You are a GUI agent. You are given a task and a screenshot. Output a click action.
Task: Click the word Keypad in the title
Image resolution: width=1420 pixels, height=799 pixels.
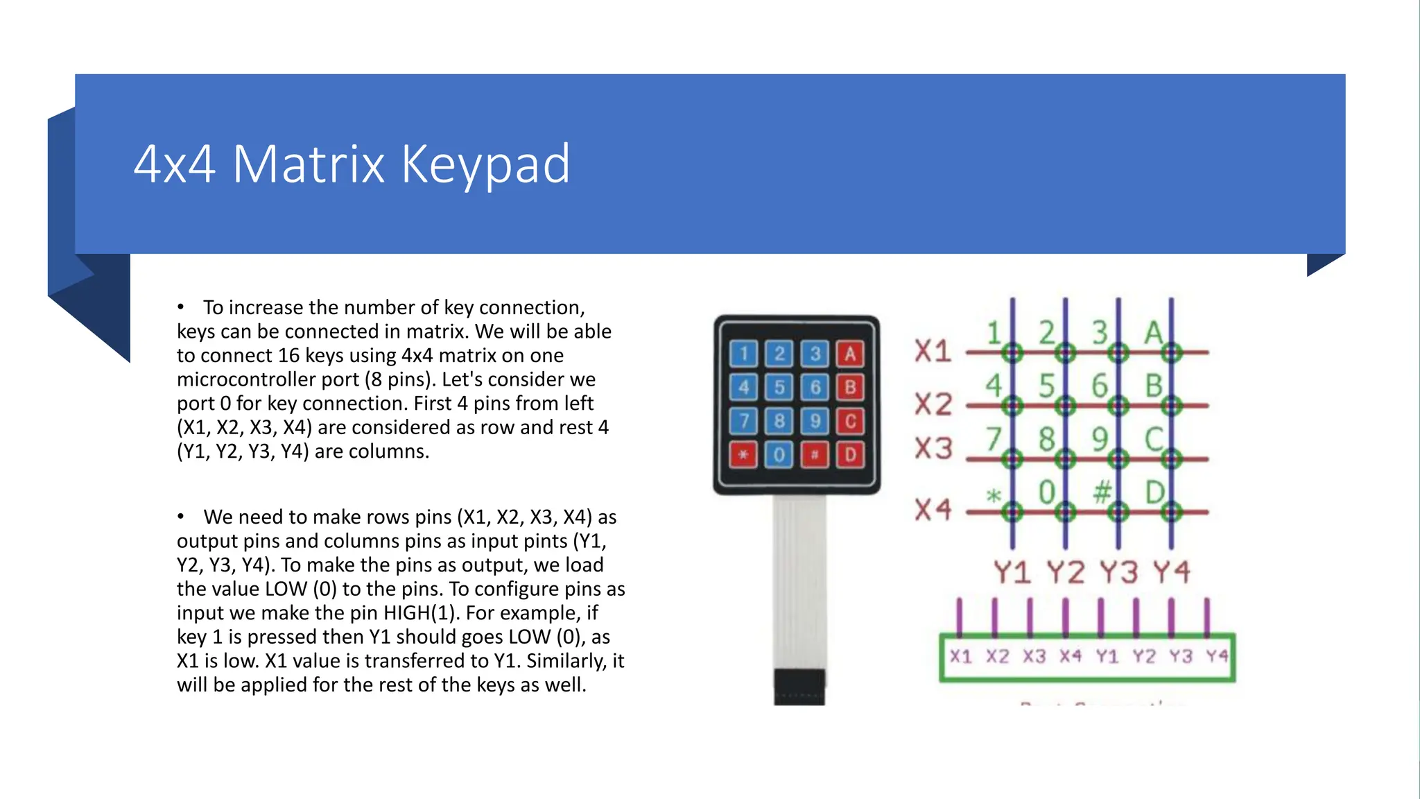[x=485, y=165]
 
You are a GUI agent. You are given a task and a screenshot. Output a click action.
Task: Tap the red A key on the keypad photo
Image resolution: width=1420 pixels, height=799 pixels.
[x=850, y=354]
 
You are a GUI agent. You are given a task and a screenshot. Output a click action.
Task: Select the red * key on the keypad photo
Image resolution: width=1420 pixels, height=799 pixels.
[x=743, y=455]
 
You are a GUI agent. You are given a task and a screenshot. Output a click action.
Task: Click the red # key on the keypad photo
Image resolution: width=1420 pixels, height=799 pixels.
[x=815, y=455]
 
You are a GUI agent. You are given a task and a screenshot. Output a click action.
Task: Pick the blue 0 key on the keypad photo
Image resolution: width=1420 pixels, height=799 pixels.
[x=779, y=455]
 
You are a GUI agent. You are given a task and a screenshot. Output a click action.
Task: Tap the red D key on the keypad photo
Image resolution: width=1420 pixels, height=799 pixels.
[x=850, y=455]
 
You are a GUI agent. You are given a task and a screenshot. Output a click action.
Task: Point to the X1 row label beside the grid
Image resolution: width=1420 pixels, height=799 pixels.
[x=933, y=351]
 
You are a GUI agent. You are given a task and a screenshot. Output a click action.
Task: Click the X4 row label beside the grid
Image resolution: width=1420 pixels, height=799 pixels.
[x=933, y=510]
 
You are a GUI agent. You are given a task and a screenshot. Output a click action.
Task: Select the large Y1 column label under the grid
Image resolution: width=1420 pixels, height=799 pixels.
[x=1012, y=573]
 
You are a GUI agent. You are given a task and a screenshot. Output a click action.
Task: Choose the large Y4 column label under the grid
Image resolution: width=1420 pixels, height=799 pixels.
[x=1172, y=573]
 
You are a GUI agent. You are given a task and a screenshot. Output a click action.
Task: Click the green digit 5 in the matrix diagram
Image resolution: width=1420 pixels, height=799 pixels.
[x=1046, y=386]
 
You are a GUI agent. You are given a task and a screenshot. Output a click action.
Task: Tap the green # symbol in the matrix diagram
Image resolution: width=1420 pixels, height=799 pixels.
[x=1102, y=493]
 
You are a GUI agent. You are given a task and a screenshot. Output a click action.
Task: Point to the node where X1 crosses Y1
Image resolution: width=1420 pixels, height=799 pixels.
[x=1012, y=353]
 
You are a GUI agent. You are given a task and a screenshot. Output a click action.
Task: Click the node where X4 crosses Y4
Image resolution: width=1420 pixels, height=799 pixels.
[x=1172, y=513]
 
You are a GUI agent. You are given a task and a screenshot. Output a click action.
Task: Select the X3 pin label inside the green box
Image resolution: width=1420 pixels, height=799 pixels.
[x=1034, y=656]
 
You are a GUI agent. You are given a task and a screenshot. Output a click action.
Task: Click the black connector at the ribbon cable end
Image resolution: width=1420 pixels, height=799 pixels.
[x=799, y=687]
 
